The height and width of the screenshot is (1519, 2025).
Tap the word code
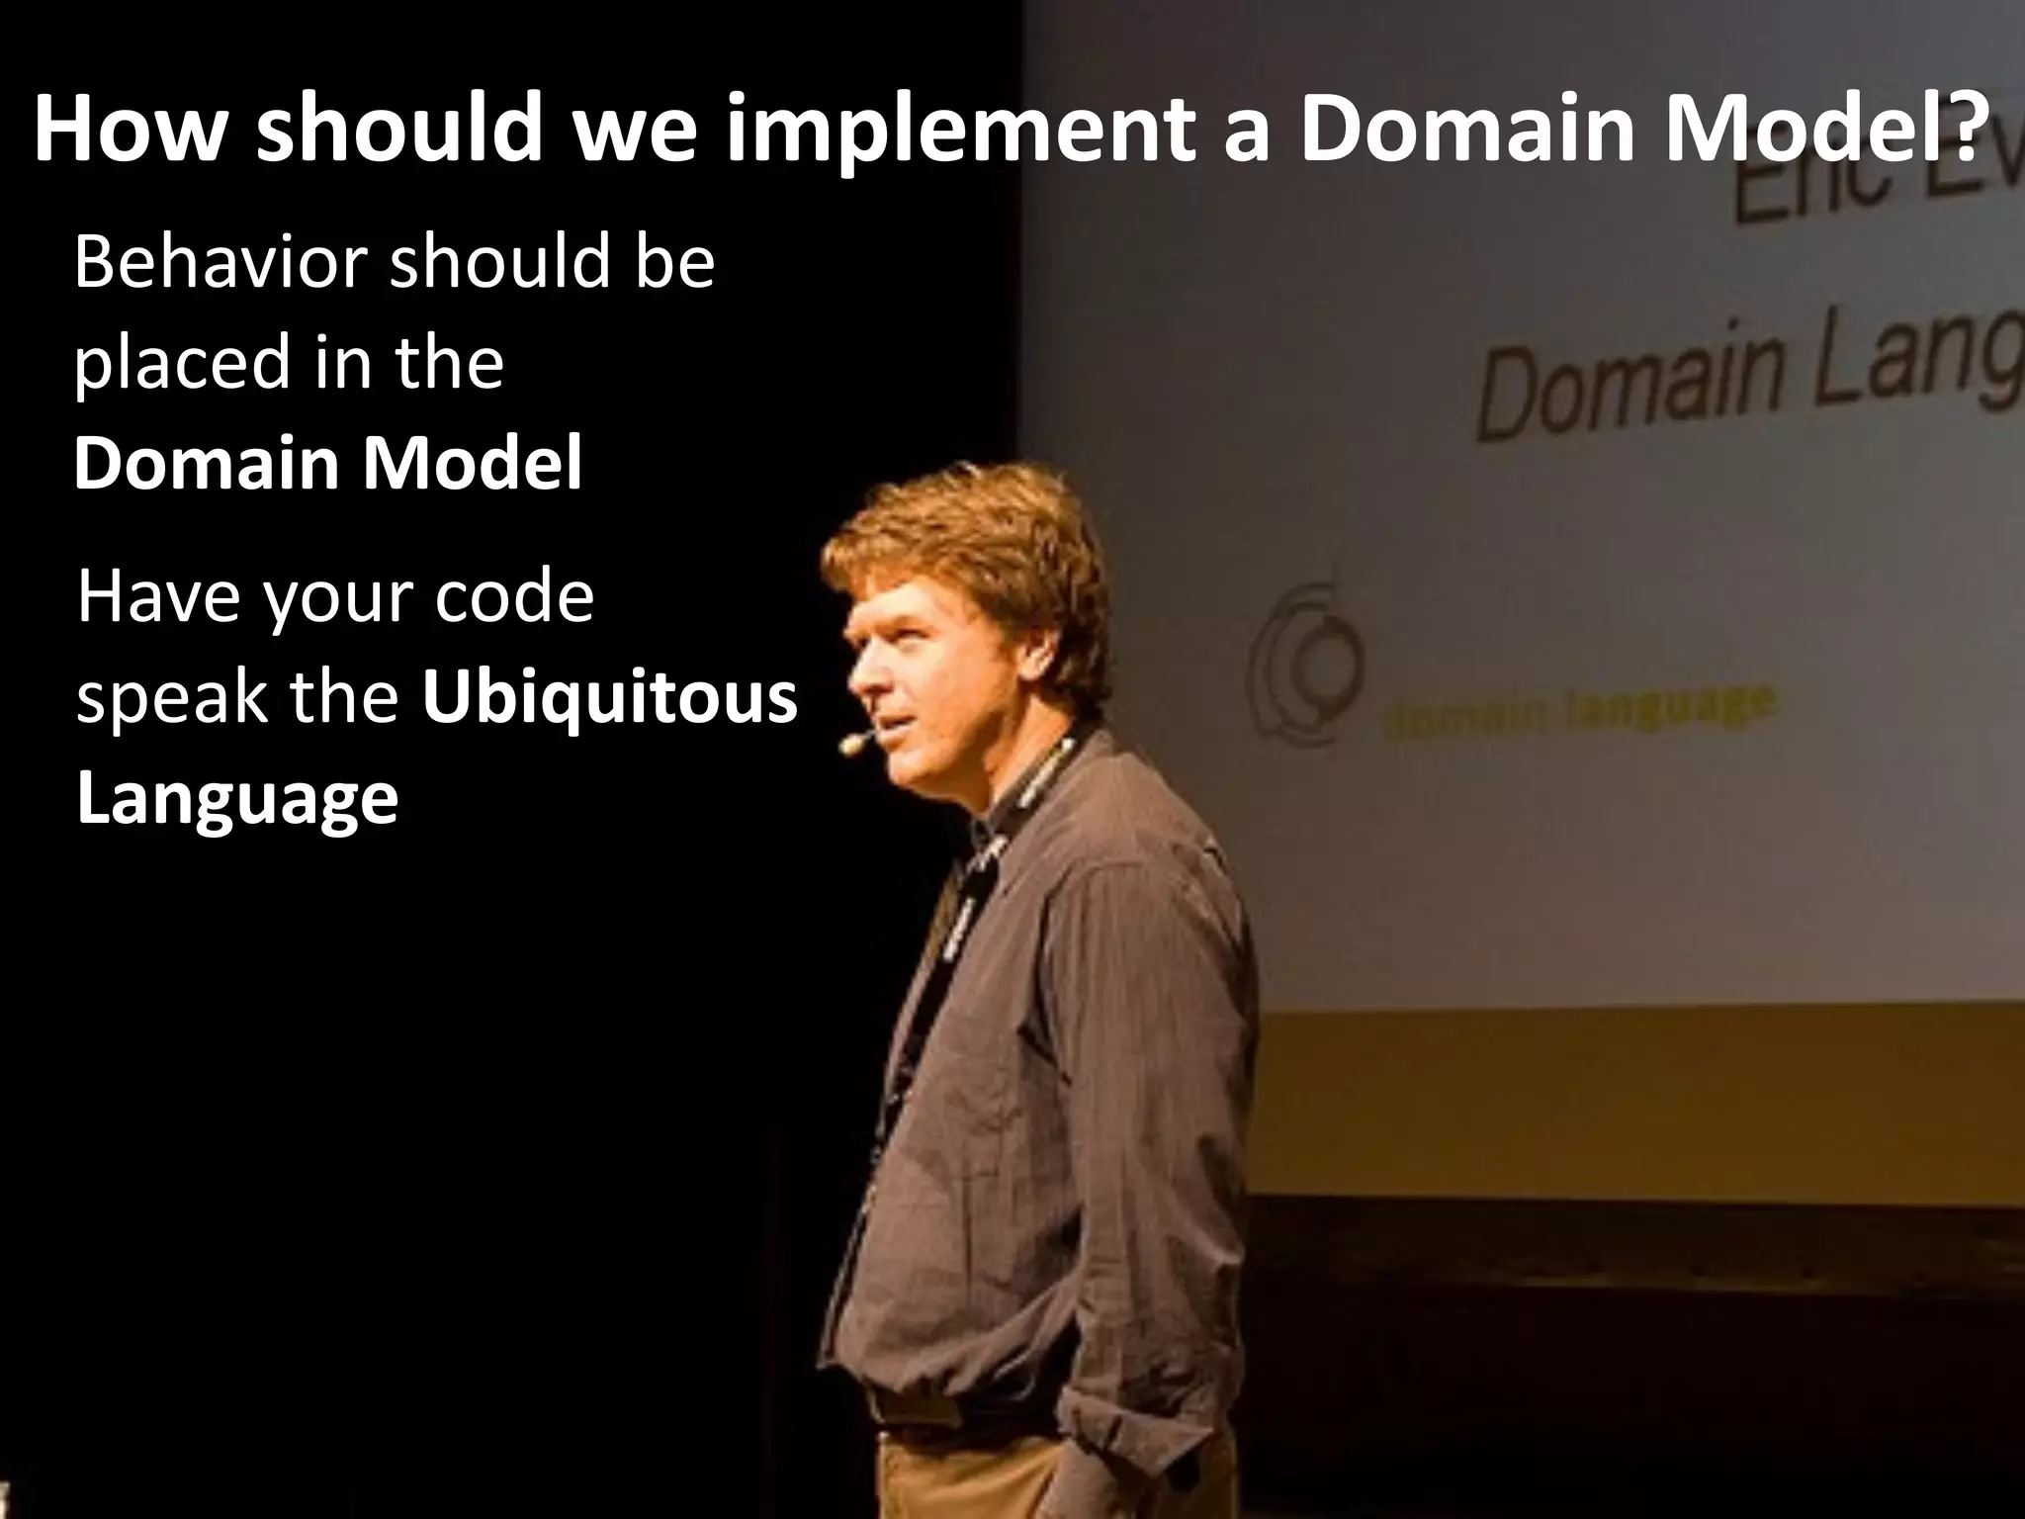pos(513,597)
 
